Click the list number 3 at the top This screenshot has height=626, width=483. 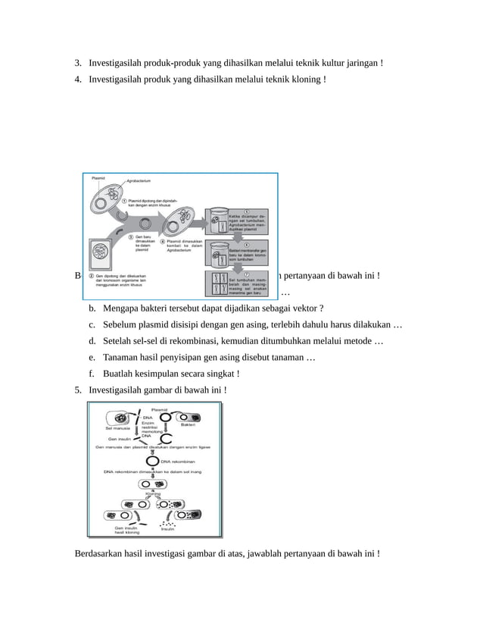click(78, 62)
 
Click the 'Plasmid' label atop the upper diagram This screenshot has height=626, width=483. click(98, 178)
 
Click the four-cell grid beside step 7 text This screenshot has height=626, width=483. click(217, 284)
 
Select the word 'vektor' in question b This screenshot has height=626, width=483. click(305, 308)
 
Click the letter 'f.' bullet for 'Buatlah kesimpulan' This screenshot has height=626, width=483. click(92, 374)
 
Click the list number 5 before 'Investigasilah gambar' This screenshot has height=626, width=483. click(78, 390)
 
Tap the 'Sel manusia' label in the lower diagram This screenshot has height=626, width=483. click(117, 429)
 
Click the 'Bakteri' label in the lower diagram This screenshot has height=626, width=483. click(188, 424)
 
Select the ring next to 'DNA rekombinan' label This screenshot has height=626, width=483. click(152, 461)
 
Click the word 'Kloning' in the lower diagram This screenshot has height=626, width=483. click(154, 493)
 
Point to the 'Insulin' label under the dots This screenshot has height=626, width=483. click(167, 528)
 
